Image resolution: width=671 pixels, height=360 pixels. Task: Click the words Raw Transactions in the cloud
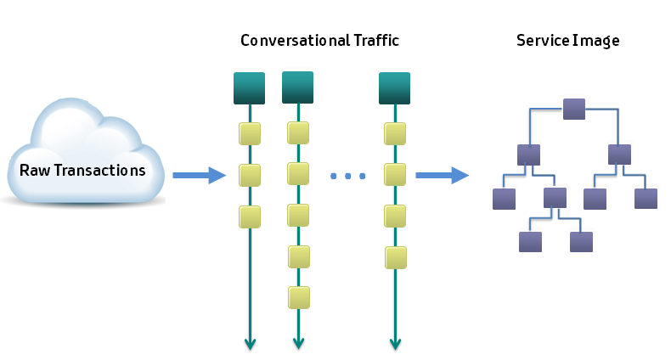82,170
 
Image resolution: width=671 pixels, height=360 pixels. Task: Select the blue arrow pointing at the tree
442,176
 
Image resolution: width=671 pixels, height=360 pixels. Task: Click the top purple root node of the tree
575,110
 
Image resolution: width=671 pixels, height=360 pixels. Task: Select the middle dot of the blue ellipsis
347,176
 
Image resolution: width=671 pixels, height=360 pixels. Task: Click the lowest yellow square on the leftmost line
250,217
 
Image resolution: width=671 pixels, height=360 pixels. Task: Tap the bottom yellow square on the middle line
297,296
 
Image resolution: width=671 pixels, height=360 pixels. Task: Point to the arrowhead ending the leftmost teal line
250,343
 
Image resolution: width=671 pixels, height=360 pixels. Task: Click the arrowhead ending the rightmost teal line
394,343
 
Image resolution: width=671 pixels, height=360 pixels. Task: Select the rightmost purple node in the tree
646,199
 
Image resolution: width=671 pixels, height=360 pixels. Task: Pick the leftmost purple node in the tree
505,199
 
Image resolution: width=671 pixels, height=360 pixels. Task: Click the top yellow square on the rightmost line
394,133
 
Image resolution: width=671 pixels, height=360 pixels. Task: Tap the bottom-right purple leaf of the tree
581,242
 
